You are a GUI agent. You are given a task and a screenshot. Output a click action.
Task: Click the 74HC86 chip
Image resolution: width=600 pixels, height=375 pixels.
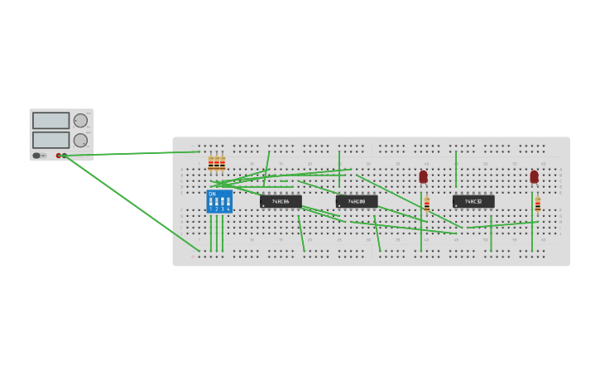[x=281, y=201]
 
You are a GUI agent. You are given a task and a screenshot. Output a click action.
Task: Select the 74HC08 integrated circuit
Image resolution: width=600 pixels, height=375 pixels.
[x=357, y=201]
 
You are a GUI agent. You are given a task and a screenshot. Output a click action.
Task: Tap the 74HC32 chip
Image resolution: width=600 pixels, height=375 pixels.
[x=473, y=201]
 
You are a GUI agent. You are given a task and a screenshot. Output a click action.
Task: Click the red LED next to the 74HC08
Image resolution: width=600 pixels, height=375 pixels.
[x=423, y=176]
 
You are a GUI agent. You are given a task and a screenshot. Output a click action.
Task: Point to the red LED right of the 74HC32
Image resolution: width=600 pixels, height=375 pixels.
[x=534, y=176]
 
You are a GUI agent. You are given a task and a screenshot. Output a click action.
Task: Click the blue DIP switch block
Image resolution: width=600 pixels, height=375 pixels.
[x=219, y=201]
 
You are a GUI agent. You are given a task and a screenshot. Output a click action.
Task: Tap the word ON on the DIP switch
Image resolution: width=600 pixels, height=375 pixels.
[x=212, y=194]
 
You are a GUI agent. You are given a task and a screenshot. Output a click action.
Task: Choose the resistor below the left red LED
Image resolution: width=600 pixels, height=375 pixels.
[x=427, y=204]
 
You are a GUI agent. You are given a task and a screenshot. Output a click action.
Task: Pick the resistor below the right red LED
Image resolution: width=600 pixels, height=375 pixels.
[x=537, y=204]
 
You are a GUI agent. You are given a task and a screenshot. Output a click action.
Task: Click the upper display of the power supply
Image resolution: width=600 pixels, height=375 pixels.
[x=50, y=121]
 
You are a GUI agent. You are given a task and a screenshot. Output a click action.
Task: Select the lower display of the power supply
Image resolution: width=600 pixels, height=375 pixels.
[x=50, y=140]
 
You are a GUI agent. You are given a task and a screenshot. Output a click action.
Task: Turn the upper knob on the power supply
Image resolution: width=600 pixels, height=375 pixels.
[x=80, y=121]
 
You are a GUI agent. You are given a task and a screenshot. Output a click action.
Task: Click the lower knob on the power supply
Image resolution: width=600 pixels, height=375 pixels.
[x=80, y=140]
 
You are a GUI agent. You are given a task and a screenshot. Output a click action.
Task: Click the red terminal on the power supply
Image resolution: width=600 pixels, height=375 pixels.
[x=59, y=156]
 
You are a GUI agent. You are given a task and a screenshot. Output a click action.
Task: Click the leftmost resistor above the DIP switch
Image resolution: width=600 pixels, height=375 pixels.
[x=211, y=162]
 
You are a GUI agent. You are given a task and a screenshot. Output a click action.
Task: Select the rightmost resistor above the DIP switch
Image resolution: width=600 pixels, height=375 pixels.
[x=223, y=162]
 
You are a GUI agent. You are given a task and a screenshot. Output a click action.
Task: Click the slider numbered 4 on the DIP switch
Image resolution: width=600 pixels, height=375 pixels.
[x=228, y=201]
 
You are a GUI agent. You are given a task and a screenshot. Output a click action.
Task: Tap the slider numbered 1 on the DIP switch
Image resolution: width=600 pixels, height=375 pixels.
[x=211, y=201]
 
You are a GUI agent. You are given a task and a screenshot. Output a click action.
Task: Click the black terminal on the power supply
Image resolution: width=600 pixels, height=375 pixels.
[x=65, y=156]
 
